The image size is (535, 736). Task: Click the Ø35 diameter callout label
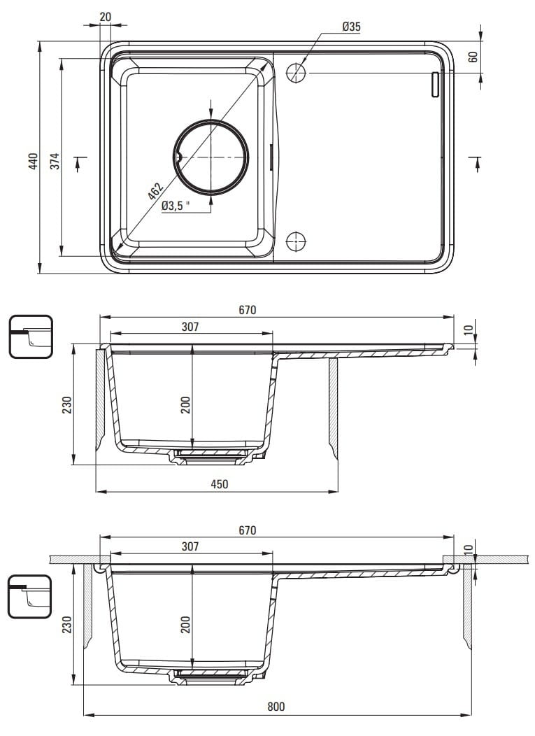[351, 27]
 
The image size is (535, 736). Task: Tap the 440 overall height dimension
[33, 161]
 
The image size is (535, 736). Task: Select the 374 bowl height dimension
[55, 161]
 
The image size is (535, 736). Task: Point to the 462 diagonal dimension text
[155, 191]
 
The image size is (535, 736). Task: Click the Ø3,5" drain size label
[176, 206]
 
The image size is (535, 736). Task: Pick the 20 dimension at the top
[106, 17]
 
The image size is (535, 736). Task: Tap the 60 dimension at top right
[473, 57]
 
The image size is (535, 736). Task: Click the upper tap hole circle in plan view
[296, 73]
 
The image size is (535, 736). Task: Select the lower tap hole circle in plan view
[296, 241]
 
